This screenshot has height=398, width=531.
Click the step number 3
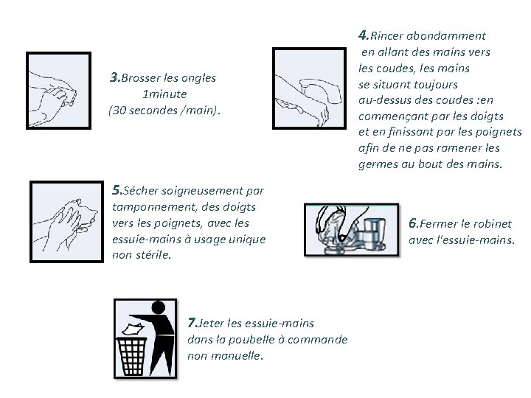[x=114, y=77]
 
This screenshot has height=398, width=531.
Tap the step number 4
[x=362, y=35]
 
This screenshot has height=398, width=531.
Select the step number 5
[x=117, y=190]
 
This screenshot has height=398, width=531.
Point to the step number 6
[x=412, y=223]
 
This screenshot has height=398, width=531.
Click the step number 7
[x=192, y=323]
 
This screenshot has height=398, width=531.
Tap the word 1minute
[x=164, y=94]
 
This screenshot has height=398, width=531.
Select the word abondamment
[x=446, y=35]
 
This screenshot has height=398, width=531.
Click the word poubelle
[x=252, y=339]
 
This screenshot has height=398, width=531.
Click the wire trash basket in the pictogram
[x=132, y=357]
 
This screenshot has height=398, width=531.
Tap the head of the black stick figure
[x=158, y=307]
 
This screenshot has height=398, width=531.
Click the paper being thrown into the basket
[x=133, y=329]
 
